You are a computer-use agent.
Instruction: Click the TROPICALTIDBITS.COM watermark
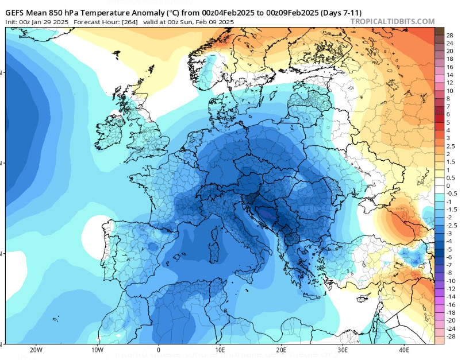(x=393, y=21)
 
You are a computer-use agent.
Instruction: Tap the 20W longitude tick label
(x=36, y=349)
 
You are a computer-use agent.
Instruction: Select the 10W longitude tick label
(x=97, y=349)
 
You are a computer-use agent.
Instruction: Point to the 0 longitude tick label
(x=159, y=349)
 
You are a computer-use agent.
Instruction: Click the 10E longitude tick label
(x=220, y=349)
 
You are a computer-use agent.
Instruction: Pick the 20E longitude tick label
(x=281, y=349)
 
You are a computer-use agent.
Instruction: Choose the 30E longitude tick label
(x=343, y=349)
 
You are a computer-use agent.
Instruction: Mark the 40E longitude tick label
(x=403, y=349)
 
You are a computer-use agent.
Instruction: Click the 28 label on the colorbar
(x=450, y=35)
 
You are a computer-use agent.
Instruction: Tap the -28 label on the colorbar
(x=451, y=336)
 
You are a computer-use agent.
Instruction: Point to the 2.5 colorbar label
(x=451, y=146)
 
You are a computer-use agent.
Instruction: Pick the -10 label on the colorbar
(x=451, y=280)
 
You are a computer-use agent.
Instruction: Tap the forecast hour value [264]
(x=128, y=22)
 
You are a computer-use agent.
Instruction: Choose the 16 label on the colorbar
(x=450, y=67)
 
